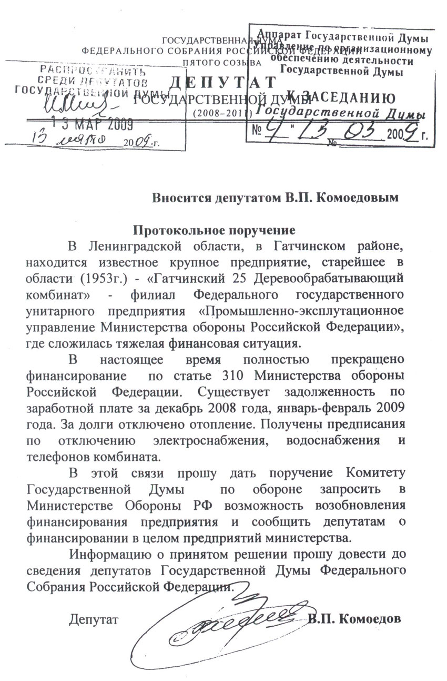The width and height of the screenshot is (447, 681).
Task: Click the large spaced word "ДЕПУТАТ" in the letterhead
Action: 223,83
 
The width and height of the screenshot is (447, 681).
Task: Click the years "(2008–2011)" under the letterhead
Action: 223,112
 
